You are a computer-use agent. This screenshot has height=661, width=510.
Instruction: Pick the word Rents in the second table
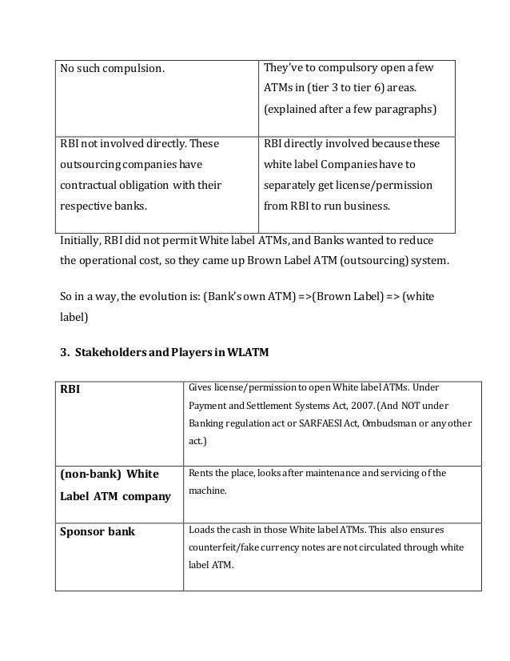pyautogui.click(x=201, y=473)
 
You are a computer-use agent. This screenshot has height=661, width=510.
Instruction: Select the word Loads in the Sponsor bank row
pyautogui.click(x=201, y=529)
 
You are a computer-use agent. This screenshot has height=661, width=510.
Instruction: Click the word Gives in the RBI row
pyautogui.click(x=201, y=388)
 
